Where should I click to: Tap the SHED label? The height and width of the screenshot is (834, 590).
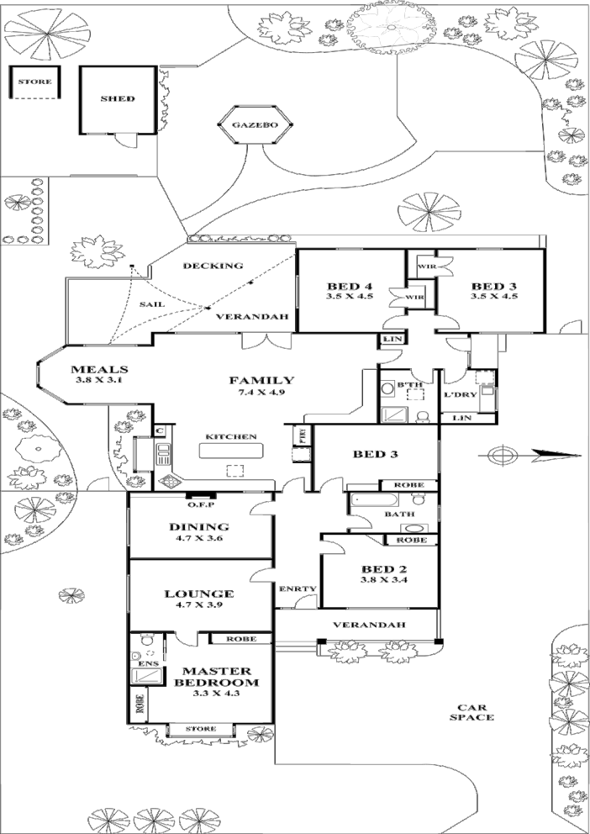(118, 99)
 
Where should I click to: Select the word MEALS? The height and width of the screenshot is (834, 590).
(99, 369)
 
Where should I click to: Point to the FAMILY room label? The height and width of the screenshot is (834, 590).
(261, 381)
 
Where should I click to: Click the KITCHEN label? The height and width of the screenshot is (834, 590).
(231, 436)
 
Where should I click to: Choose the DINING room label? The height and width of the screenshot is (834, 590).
(199, 527)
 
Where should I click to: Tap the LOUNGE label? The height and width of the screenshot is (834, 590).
(199, 594)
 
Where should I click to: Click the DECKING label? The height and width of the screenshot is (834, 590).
(213, 266)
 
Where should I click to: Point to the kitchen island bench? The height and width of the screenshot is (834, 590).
(228, 451)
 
